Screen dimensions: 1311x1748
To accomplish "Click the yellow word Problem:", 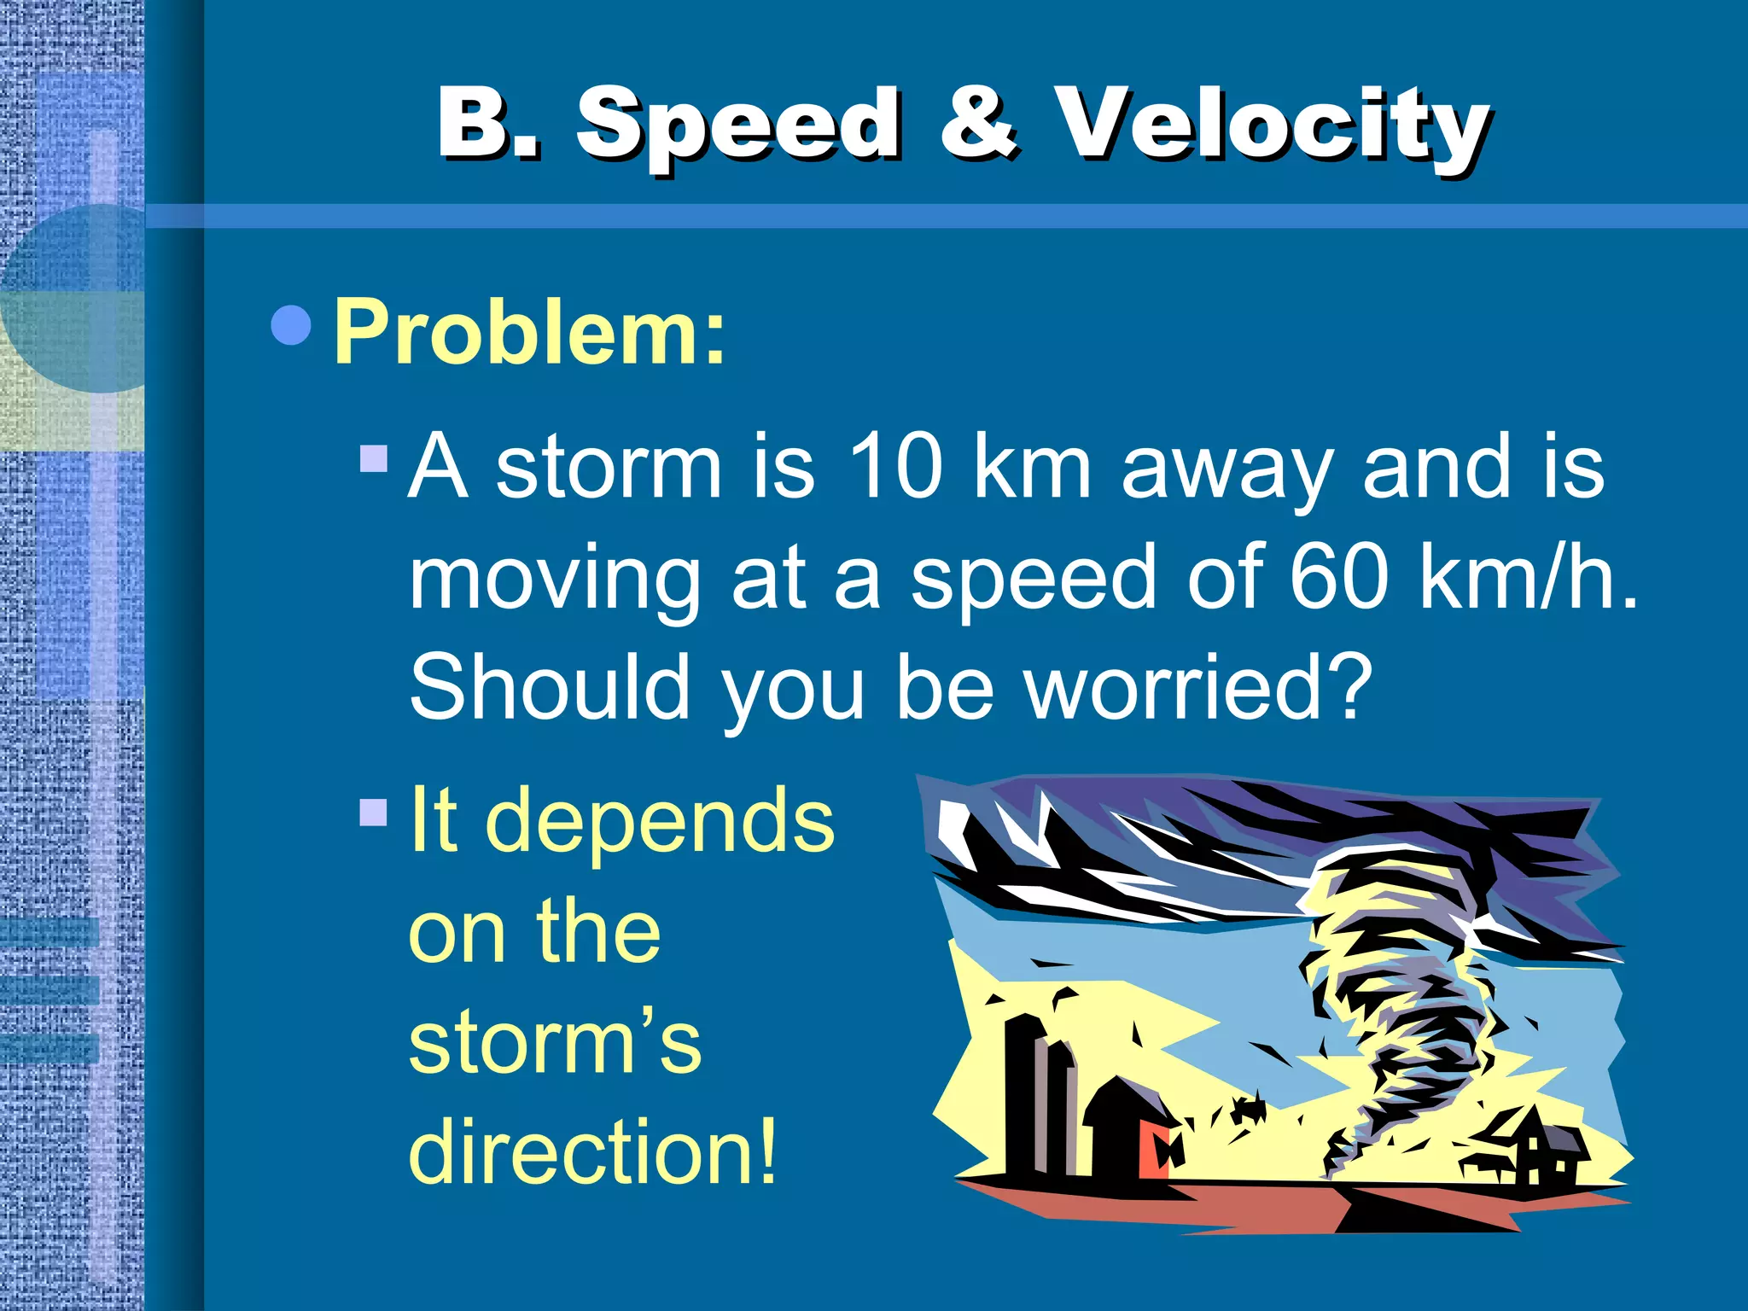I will coord(529,333).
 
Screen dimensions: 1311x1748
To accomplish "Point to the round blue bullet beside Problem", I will coord(291,325).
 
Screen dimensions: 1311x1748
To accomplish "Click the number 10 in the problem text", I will coord(895,468).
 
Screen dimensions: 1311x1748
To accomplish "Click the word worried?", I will coord(1198,688).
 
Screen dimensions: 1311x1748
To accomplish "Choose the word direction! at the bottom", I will coord(593,1152).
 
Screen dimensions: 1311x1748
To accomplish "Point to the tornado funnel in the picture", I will coord(1400,982).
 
